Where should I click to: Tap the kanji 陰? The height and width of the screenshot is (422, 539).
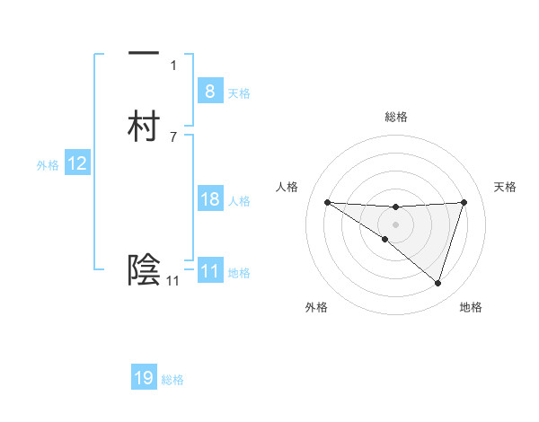(x=144, y=268)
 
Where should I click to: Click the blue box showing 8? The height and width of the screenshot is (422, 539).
(x=209, y=91)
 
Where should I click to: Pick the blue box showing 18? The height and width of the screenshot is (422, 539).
(x=209, y=199)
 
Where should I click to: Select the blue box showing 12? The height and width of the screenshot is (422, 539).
(x=76, y=163)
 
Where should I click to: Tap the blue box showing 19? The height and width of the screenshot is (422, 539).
(x=144, y=378)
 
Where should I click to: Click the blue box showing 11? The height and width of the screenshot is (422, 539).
(x=209, y=271)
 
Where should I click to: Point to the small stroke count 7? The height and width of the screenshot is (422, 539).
(x=173, y=136)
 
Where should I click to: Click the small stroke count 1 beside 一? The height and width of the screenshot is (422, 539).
(x=173, y=65)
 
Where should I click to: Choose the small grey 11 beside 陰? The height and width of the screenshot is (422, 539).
(x=172, y=281)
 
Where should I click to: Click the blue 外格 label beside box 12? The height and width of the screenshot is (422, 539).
(x=48, y=165)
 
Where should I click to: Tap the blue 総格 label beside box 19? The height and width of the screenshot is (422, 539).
(x=172, y=380)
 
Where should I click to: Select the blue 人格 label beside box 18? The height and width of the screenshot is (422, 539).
(x=240, y=201)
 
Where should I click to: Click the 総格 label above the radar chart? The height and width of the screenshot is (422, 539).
(x=396, y=117)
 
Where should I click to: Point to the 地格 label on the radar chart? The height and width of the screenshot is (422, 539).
(x=471, y=307)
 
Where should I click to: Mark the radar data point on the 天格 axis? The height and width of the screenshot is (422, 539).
(x=464, y=202)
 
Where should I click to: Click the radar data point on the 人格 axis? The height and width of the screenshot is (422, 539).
(x=327, y=202)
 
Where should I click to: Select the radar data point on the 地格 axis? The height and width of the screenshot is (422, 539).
(x=437, y=283)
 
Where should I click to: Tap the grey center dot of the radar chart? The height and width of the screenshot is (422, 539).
(x=395, y=224)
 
